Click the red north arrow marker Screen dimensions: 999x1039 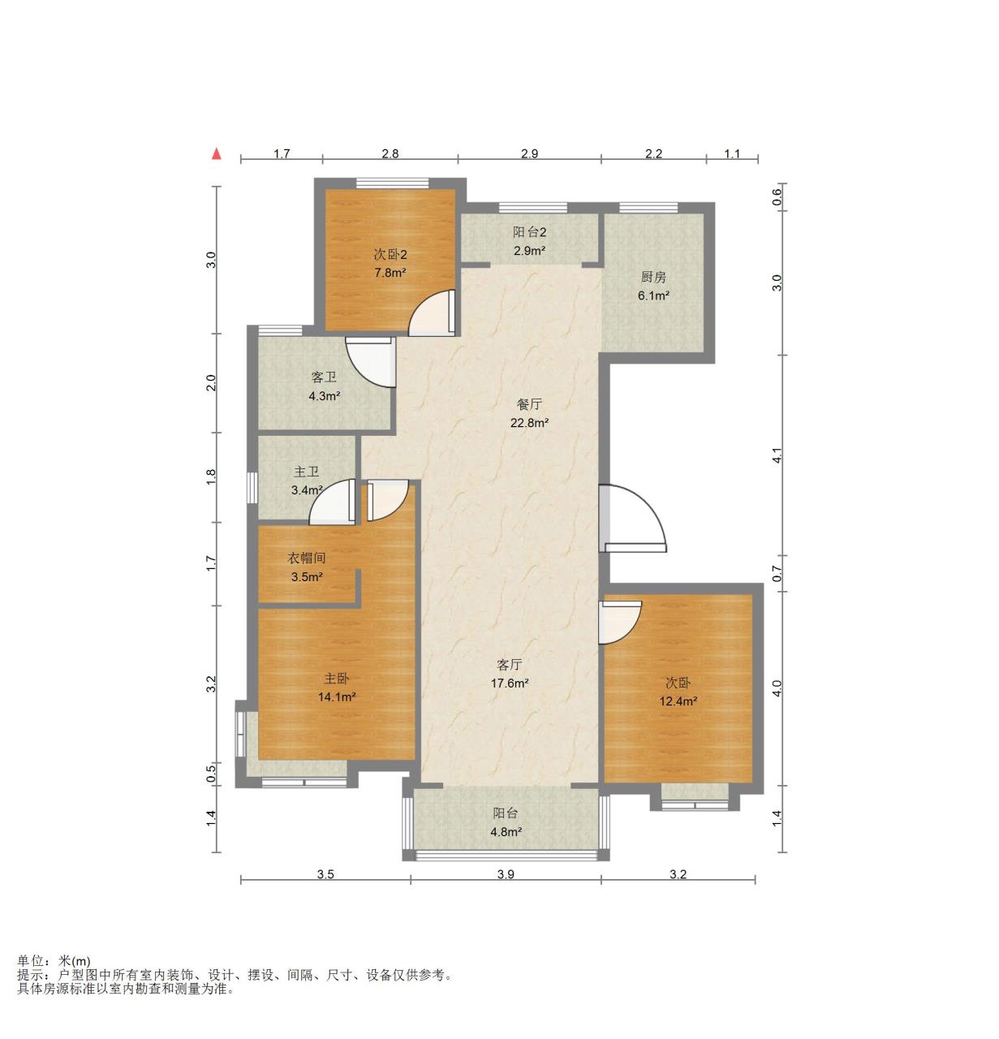[216, 153]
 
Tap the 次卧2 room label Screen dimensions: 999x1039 [390, 255]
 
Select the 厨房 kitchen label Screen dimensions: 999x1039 [653, 277]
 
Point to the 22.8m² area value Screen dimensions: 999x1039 [530, 423]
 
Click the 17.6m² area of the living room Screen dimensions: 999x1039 [510, 683]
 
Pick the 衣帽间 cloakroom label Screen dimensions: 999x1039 [307, 558]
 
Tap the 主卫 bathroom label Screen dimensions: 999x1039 [307, 472]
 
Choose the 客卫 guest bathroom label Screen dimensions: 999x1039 [324, 377]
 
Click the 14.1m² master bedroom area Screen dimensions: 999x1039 [337, 696]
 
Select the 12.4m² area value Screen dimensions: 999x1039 [678, 701]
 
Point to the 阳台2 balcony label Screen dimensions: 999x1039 [530, 232]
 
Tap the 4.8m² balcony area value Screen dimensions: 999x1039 [506, 831]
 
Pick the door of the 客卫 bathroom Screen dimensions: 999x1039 [370, 363]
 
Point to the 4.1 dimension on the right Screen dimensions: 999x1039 [777, 458]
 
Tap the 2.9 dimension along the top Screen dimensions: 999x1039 [529, 153]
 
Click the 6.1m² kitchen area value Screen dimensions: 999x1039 [653, 295]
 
